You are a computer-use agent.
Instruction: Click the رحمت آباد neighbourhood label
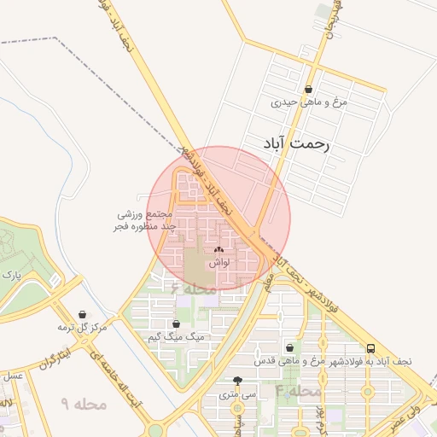pos(291,143)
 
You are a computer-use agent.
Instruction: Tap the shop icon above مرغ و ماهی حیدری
pos(308,89)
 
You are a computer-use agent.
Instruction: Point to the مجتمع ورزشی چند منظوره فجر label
pos(145,222)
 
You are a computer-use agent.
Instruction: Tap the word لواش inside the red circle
pos(217,264)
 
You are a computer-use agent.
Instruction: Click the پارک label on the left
pos(11,276)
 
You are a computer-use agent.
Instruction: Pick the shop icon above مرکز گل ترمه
pos(82,314)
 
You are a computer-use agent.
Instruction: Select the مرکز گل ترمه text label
pos(82,328)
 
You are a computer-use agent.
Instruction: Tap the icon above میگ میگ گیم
pos(177,324)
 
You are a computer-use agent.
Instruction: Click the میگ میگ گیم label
pos(177,338)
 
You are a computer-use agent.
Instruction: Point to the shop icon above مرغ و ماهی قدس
pos(291,347)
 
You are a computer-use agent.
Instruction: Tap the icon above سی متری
pos(237,381)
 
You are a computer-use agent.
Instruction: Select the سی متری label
pos(237,394)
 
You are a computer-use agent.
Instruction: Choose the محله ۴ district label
pos(299,391)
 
